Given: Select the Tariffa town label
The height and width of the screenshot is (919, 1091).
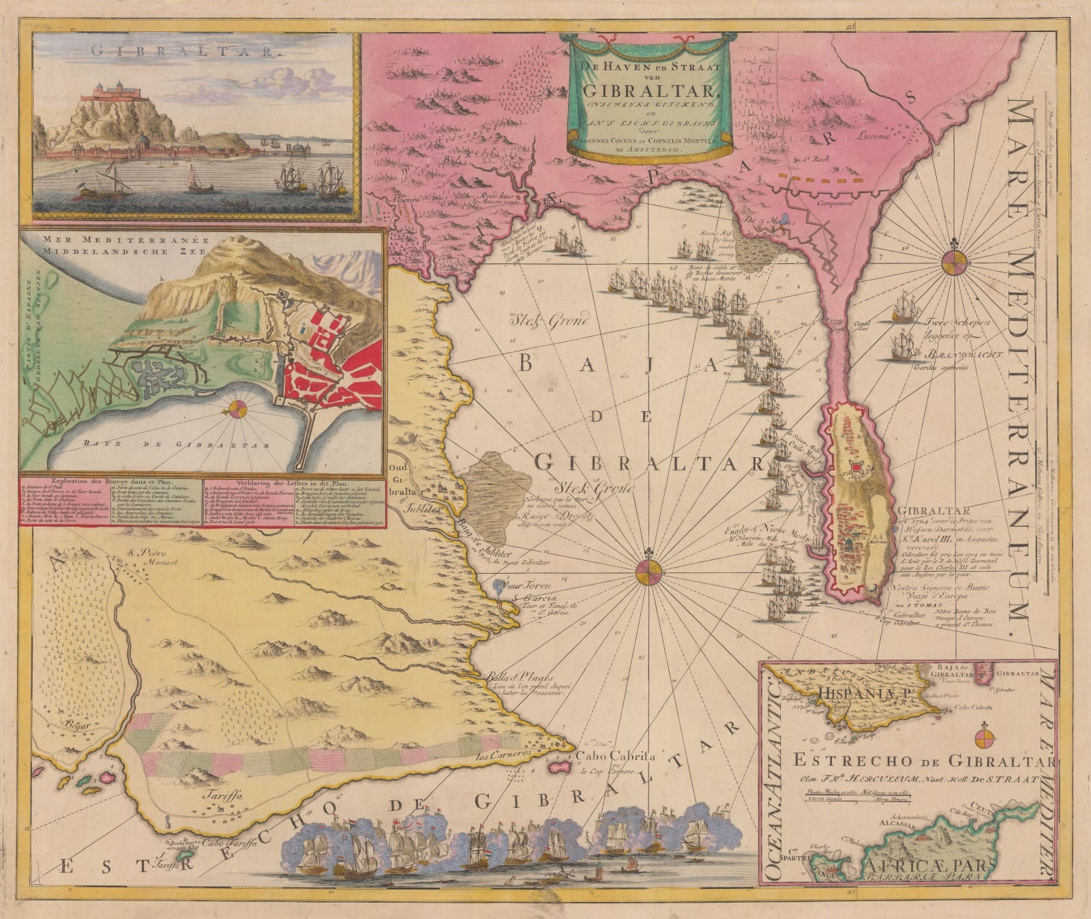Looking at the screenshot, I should (x=215, y=793).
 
